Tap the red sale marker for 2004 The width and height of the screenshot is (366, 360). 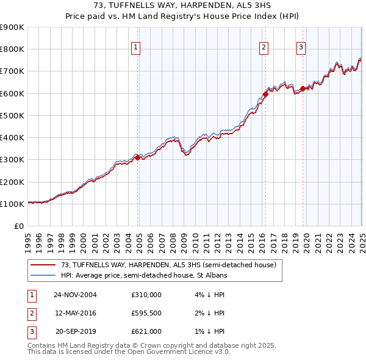pos(138,157)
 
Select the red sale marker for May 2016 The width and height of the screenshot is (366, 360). pos(266,94)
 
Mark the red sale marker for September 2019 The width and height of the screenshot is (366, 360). pos(303,88)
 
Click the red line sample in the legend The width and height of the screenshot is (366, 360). pos(43,265)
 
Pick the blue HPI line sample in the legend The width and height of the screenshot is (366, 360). pos(43,275)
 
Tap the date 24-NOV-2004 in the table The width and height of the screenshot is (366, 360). pos(75,295)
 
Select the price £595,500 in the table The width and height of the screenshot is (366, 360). pos(146,313)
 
